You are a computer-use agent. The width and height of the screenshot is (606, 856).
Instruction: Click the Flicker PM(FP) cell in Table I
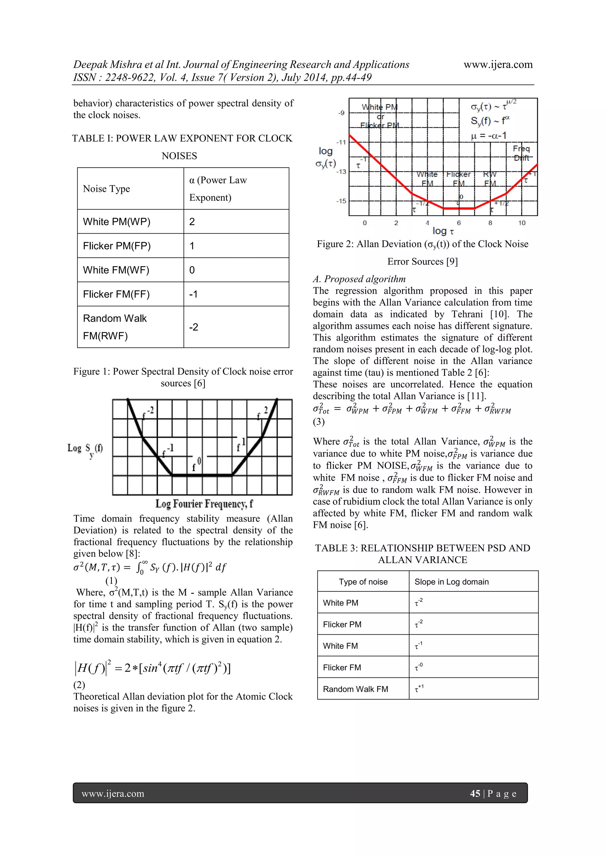click(117, 246)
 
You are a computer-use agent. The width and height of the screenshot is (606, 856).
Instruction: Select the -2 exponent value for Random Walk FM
click(193, 327)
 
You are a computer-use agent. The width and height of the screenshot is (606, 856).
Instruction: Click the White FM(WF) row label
click(116, 270)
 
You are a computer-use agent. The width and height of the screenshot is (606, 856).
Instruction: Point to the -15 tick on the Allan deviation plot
click(341, 201)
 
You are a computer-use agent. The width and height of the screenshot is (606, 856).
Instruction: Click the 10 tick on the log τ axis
click(522, 223)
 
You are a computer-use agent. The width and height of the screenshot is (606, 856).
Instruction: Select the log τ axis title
click(443, 231)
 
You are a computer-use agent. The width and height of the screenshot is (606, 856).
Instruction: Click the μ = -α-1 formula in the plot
click(489, 136)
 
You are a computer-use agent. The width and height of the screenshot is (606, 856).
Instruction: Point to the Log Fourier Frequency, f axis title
click(204, 504)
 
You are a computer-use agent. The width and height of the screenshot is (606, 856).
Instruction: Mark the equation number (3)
click(319, 422)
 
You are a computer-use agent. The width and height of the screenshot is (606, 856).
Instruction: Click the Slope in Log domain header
click(452, 582)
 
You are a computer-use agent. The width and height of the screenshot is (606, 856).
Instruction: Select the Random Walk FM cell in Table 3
click(355, 689)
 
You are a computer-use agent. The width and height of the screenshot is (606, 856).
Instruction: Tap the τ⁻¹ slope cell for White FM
click(419, 646)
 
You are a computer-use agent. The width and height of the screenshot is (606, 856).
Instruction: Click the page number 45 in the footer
click(475, 794)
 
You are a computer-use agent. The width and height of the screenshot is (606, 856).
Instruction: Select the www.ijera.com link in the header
click(498, 65)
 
